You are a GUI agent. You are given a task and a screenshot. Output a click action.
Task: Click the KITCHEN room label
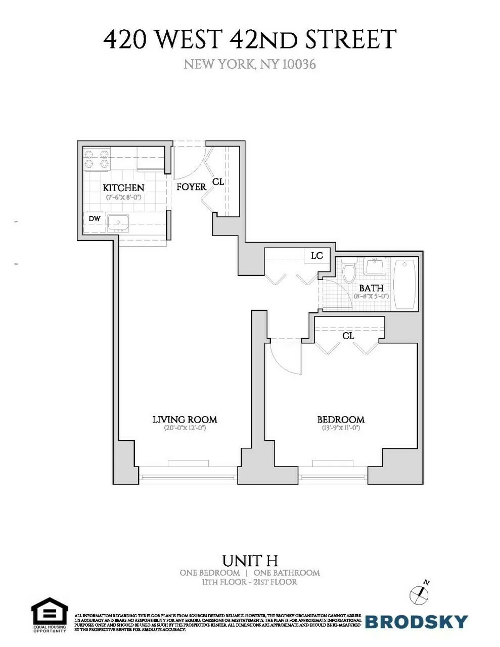pos(123,188)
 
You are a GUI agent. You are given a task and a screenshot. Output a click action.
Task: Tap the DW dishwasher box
pos(94,219)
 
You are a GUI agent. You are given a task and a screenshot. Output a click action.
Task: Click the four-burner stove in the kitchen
pos(97,159)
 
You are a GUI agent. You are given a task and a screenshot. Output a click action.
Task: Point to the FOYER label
pos(191,187)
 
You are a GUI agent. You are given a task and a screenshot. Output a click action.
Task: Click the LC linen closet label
pos(316,256)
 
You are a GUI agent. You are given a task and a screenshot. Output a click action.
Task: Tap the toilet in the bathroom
pos(349,272)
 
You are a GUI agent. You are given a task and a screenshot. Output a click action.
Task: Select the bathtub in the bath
pos(404,284)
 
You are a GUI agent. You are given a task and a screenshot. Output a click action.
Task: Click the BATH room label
pos(371,288)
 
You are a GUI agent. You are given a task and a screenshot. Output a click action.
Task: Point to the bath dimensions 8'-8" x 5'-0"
pos(371,296)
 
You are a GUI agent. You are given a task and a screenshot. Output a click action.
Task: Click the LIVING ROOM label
pos(185,420)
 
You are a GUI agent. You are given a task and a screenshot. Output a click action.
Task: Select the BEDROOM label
pos(340,420)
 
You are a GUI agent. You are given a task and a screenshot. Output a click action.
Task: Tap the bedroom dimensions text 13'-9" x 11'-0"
pos(340,428)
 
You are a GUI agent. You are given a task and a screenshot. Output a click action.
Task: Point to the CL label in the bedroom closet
pos(348,336)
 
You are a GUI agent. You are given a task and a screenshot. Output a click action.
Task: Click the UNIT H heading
pos(250,561)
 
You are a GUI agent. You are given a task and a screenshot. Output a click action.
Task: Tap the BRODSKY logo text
pos(416,622)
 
